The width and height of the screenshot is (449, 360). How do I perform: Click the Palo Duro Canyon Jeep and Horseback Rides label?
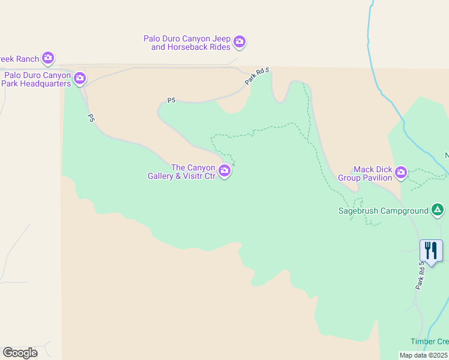(187, 43)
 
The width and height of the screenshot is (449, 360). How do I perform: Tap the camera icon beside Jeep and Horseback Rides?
(240, 42)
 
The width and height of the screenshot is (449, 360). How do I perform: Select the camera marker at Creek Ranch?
(48, 58)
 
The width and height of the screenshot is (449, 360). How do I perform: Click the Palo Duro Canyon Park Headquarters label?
(37, 79)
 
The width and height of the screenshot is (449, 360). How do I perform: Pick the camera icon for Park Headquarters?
(80, 78)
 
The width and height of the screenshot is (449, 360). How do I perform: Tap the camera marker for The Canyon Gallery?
(224, 172)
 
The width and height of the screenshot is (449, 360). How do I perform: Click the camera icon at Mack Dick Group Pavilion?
(400, 173)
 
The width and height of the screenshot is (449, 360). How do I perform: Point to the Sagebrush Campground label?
(383, 211)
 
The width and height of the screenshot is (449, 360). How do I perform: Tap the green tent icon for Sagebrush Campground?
(438, 210)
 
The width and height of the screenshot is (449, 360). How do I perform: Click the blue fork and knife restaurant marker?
(431, 250)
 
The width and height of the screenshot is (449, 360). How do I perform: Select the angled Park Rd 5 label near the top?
(258, 77)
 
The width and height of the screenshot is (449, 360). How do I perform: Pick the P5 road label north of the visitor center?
(171, 101)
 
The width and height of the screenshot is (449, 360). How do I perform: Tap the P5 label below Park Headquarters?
(91, 118)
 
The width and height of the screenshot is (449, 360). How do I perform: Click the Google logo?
(20, 353)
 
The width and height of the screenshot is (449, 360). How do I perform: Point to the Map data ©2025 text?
(424, 355)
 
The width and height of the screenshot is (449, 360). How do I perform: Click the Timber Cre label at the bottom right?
(429, 341)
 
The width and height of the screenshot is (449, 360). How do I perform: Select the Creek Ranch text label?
(19, 59)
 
